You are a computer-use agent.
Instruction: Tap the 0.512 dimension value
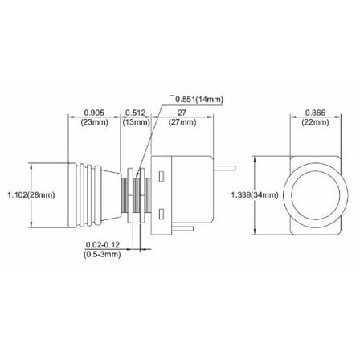[x=134, y=112]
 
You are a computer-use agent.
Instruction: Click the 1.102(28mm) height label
[x=27, y=194]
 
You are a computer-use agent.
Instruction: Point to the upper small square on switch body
[x=162, y=174]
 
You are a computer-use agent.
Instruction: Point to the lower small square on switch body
[x=162, y=214]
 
